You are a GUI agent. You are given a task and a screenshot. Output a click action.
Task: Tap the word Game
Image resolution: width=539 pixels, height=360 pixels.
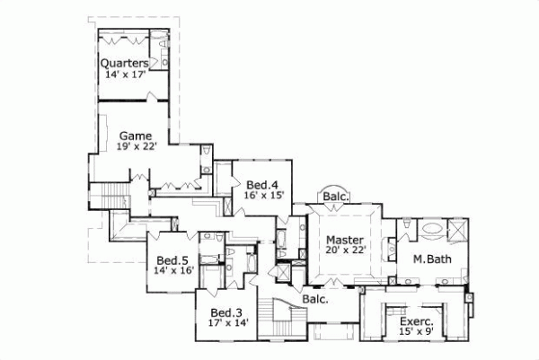(x=135, y=136)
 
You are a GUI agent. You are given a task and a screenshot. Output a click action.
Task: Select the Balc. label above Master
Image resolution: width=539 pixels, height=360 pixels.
(x=335, y=197)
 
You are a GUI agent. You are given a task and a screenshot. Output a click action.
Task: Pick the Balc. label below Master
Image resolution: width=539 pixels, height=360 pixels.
(x=314, y=299)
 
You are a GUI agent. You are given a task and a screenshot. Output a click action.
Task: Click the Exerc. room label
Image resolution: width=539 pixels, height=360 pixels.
(x=416, y=320)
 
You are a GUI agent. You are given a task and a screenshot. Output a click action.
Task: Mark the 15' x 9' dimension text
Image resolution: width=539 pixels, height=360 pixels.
(x=416, y=331)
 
